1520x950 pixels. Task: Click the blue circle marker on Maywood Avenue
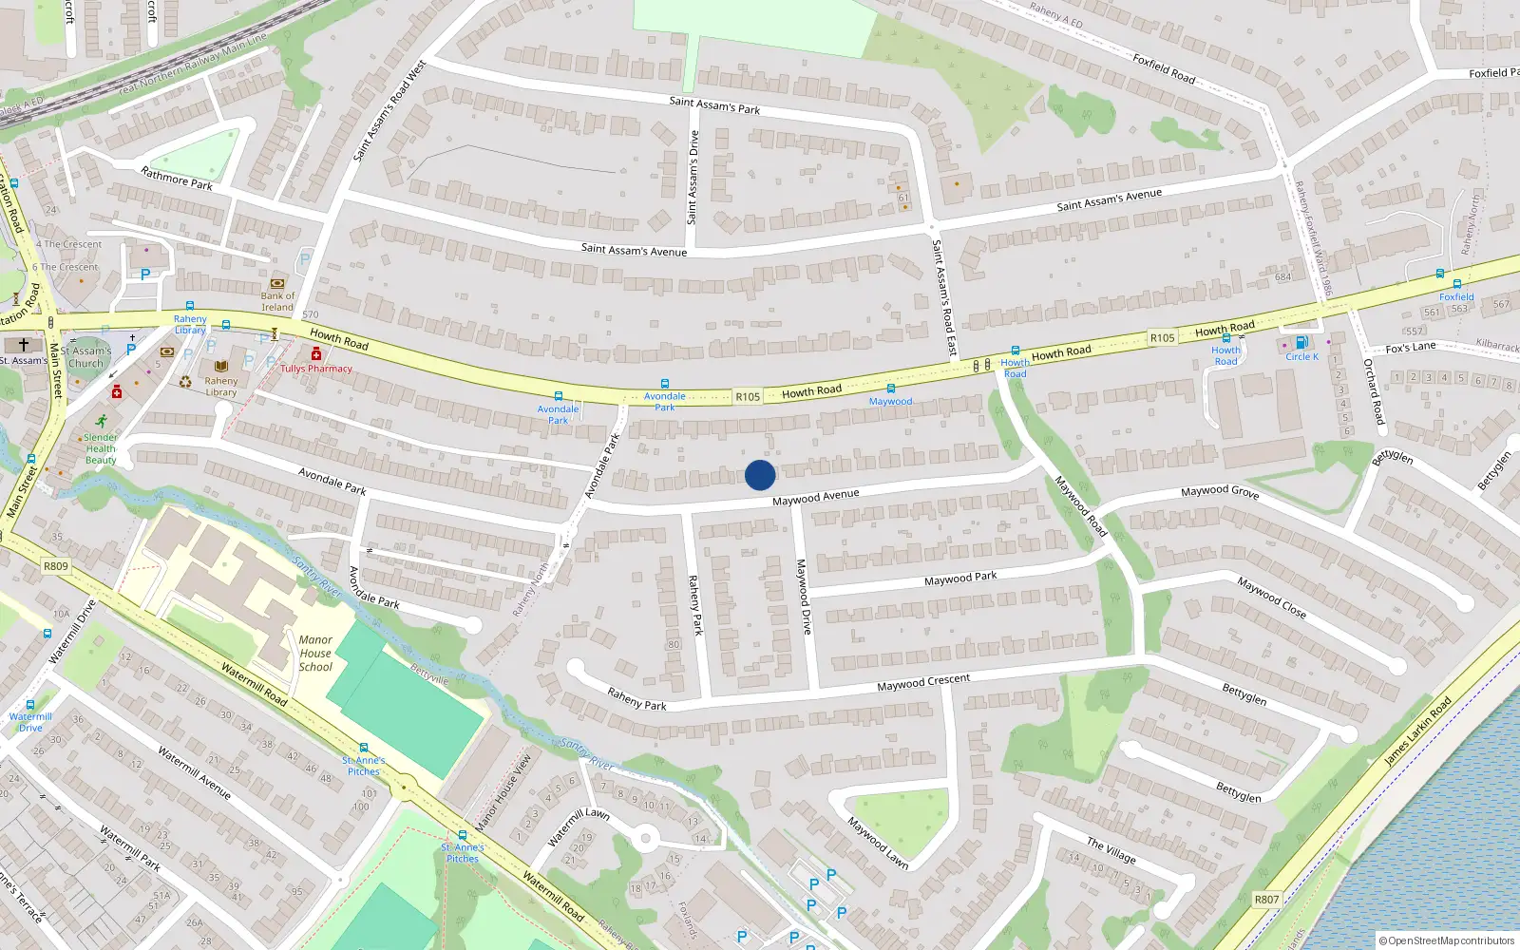pyautogui.click(x=760, y=475)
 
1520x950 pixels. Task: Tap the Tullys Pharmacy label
pyautogui.click(x=316, y=369)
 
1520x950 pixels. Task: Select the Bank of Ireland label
pyautogui.click(x=277, y=301)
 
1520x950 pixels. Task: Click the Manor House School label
pyautogui.click(x=315, y=654)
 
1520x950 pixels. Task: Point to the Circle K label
pyautogui.click(x=1301, y=357)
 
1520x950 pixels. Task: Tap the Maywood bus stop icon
pyautogui.click(x=891, y=389)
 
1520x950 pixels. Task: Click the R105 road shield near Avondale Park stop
pyautogui.click(x=748, y=397)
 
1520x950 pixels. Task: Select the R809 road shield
pyautogui.click(x=56, y=566)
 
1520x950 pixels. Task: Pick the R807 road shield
pyautogui.click(x=1266, y=899)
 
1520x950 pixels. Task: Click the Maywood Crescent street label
pyautogui.click(x=923, y=682)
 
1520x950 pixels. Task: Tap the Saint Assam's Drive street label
pyautogui.click(x=693, y=178)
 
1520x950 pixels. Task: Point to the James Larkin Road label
pyautogui.click(x=1417, y=731)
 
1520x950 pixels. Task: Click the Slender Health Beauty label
pyautogui.click(x=101, y=448)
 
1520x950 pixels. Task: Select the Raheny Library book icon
pyautogui.click(x=221, y=366)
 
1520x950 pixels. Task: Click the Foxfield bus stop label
pyautogui.click(x=1456, y=296)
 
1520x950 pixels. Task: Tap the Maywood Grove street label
pyautogui.click(x=1220, y=491)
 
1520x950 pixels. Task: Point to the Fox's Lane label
pyautogui.click(x=1411, y=348)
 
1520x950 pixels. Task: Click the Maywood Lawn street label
pyautogui.click(x=878, y=844)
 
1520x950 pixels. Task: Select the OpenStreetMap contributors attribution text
pyautogui.click(x=1447, y=940)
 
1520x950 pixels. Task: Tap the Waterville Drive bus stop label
pyautogui.click(x=30, y=722)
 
